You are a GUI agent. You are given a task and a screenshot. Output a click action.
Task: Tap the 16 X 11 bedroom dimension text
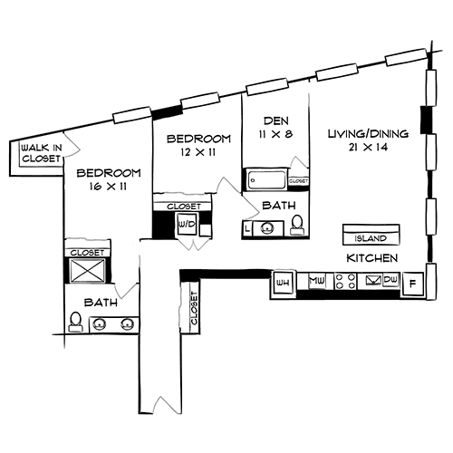pyautogui.click(x=109, y=187)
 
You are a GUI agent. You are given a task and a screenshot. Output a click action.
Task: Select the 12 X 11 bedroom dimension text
pyautogui.click(x=197, y=152)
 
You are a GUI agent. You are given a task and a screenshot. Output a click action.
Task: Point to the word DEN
pyautogui.click(x=275, y=120)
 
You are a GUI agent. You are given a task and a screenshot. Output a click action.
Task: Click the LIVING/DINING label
pyautogui.click(x=367, y=134)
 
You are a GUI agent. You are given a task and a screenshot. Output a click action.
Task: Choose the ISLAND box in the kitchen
pyautogui.click(x=371, y=238)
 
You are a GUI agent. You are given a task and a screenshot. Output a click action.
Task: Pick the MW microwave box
pyautogui.click(x=317, y=283)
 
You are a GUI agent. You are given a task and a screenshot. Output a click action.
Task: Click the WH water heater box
pyautogui.click(x=282, y=284)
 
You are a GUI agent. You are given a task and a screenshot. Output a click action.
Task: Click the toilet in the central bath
pyautogui.click(x=295, y=227)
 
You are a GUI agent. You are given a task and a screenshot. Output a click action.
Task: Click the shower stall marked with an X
pyautogui.click(x=87, y=271)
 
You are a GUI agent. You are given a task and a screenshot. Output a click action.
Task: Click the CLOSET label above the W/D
pyautogui.click(x=184, y=207)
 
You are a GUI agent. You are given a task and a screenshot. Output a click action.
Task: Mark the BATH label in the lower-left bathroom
pyautogui.click(x=100, y=302)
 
